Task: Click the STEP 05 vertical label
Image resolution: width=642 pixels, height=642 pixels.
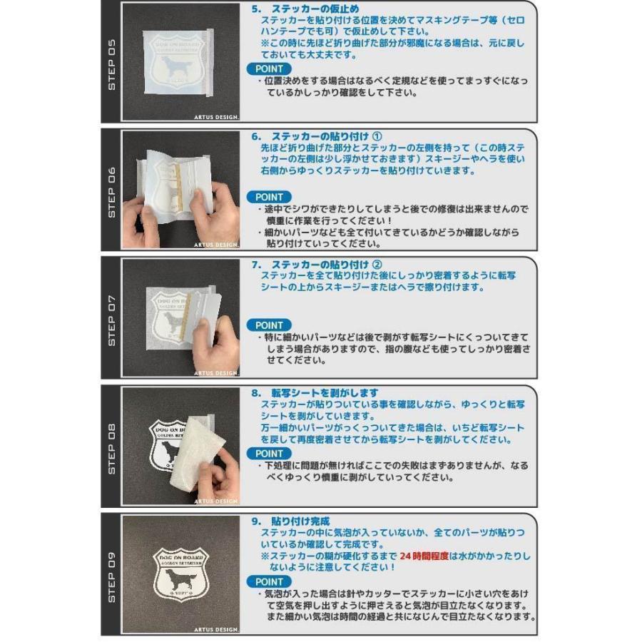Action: [x=111, y=64]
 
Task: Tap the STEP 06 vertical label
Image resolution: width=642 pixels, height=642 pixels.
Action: [x=111, y=191]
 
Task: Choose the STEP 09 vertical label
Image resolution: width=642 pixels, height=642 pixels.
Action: [x=111, y=575]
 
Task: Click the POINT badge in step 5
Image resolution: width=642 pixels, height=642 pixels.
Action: [x=269, y=68]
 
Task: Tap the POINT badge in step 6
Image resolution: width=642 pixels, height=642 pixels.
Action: [x=269, y=197]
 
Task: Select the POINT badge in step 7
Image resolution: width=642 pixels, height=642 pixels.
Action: [x=269, y=325]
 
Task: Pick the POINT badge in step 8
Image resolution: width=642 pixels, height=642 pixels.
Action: [x=269, y=453]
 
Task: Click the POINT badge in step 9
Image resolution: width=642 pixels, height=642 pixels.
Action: [x=269, y=581]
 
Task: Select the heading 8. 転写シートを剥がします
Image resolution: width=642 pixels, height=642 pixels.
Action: [x=315, y=393]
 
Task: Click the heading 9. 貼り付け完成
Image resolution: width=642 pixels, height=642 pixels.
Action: [x=290, y=521]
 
